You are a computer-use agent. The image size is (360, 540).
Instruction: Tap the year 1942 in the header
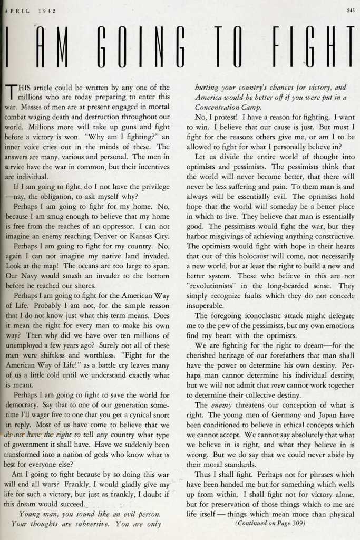tap(47, 10)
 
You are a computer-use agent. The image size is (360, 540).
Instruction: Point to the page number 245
tap(351, 10)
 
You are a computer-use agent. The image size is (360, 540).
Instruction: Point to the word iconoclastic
tap(264, 316)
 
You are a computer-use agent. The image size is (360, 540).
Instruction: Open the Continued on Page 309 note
tap(270, 524)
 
